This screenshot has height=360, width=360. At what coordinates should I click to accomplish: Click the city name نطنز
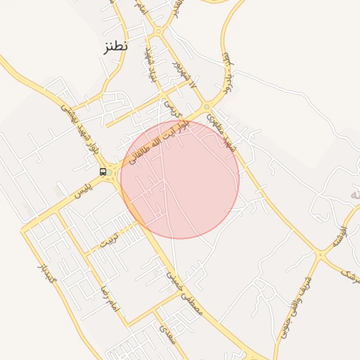point(113,48)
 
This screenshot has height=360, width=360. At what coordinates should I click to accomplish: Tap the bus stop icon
point(103,172)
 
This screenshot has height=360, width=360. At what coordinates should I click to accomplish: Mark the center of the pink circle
point(180,179)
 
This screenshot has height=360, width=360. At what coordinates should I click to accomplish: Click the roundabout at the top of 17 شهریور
point(159,31)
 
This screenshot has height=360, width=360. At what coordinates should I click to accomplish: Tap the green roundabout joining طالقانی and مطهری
point(206,108)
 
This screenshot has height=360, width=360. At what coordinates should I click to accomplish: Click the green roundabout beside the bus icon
point(109,173)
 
